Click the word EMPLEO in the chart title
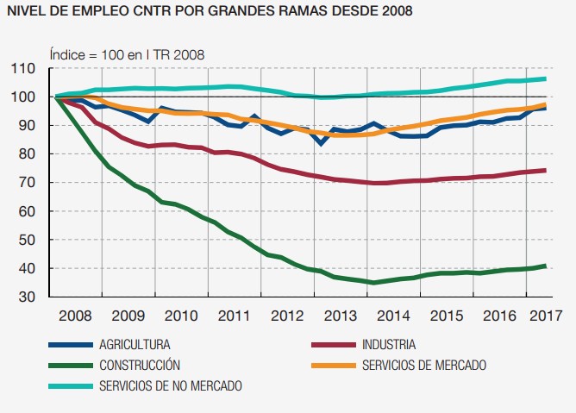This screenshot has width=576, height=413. point(96,11)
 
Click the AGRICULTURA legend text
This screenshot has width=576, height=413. point(141,345)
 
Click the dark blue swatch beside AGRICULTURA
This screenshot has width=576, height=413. point(70,345)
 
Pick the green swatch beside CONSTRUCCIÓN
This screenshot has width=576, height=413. point(70,365)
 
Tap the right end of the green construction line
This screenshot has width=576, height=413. point(545,266)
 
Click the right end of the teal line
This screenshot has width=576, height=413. point(545,79)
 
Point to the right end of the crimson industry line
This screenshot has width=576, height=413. point(545,170)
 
